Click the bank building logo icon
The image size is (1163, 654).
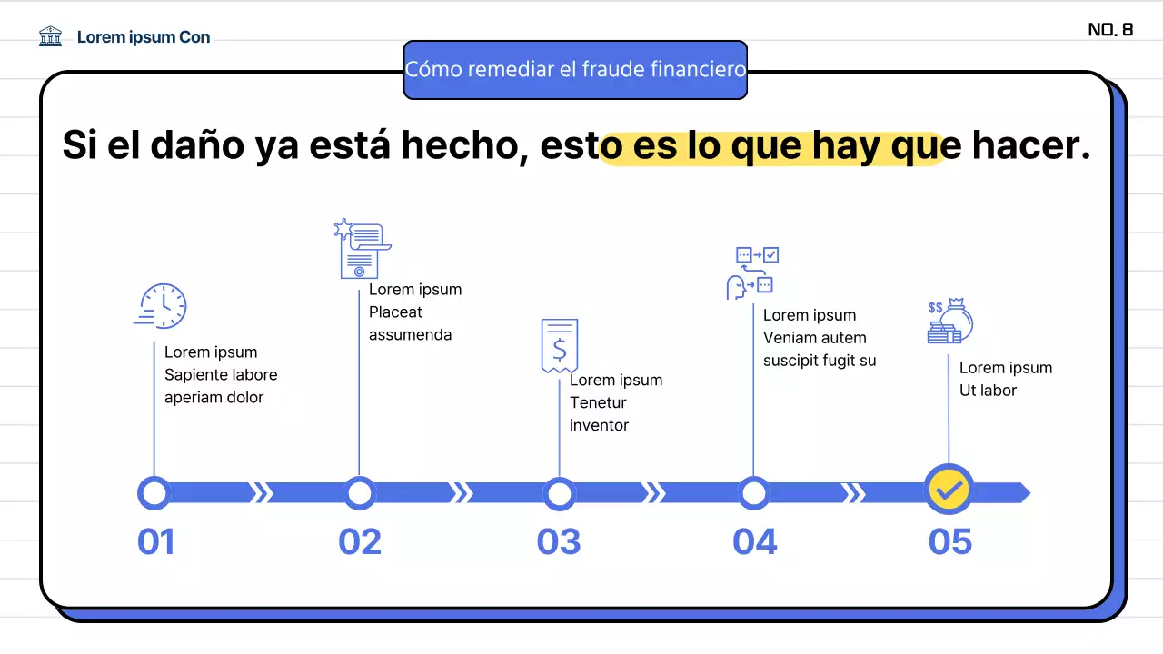(51, 36)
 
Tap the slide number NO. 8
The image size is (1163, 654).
(1110, 30)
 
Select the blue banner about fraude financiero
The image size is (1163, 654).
(575, 70)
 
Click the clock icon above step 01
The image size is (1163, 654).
(161, 305)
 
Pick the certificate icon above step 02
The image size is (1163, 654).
(361, 249)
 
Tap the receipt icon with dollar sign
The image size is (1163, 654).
(559, 345)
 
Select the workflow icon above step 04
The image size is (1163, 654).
(753, 272)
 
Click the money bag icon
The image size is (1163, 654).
(950, 322)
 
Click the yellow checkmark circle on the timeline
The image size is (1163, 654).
(949, 490)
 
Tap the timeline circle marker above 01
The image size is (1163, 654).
(154, 493)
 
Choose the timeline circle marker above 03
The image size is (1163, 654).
(559, 494)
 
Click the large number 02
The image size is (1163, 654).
(360, 542)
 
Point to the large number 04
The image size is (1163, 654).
(755, 542)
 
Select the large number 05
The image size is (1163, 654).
(950, 542)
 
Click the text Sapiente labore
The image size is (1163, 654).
(221, 375)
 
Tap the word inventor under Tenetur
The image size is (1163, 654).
(599, 425)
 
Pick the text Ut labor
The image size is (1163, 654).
(988, 391)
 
